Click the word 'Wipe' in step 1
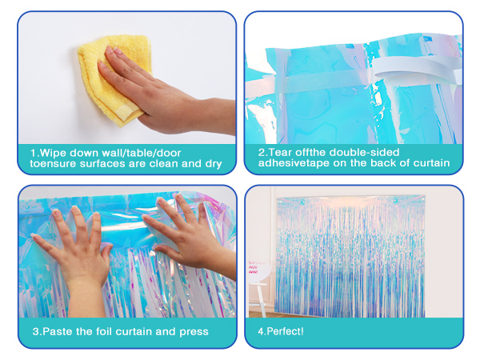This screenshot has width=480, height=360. coord(53,153)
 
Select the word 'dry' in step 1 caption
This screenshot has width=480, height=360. coord(214,164)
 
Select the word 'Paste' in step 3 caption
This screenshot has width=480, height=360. coord(58,331)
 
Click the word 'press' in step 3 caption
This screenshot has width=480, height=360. coord(194,332)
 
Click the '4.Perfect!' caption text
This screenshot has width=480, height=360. coord(281,331)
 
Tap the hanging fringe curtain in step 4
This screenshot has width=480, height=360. coord(350,257)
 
